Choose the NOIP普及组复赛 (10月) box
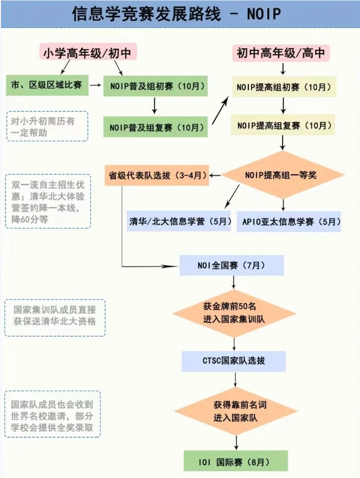point(156,127)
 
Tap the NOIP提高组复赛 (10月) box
point(283,126)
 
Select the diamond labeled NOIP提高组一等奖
point(283,175)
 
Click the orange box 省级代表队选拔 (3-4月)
point(157,175)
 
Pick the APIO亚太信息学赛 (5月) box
point(289,221)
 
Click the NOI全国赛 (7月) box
point(232,265)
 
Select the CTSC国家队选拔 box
point(234,361)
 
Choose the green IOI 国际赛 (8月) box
point(236,461)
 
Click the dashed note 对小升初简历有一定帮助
point(47,126)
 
